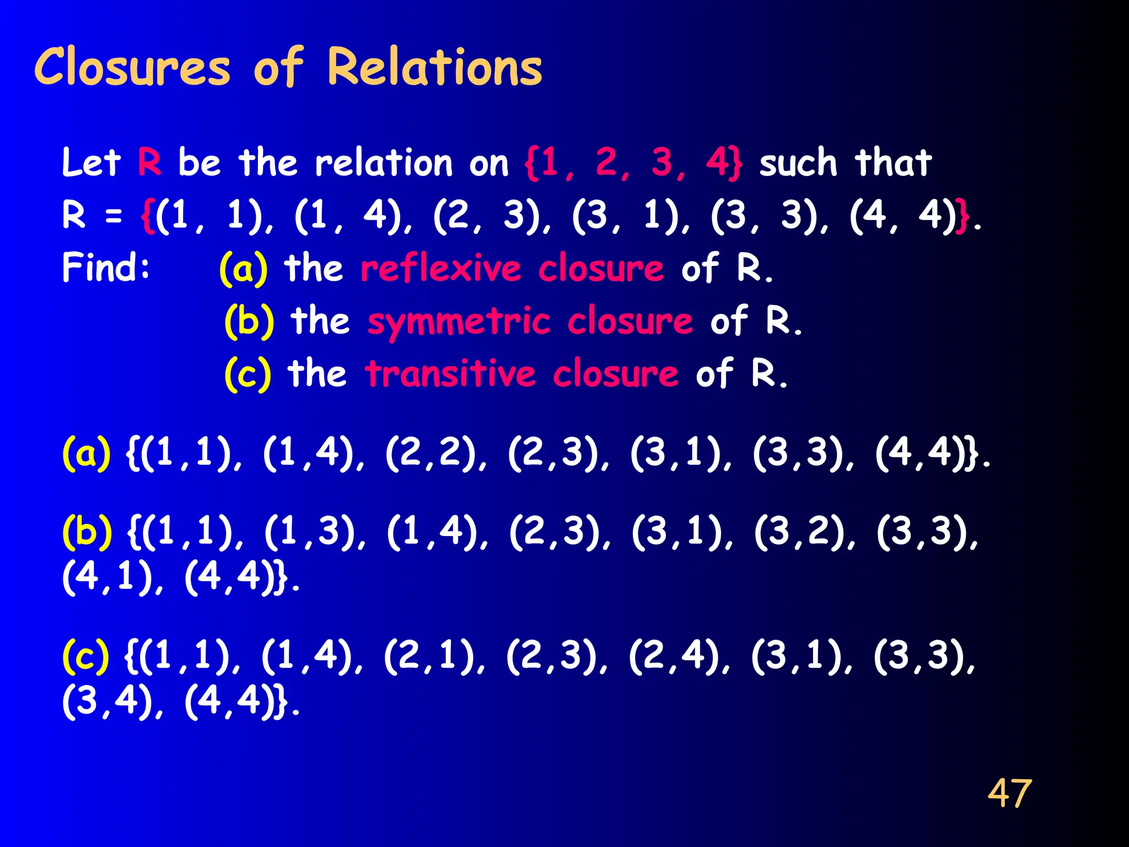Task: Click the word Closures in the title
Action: (132, 67)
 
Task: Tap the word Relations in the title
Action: (434, 67)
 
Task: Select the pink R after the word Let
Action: (149, 163)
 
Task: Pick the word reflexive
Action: (440, 269)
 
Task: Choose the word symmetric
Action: (459, 322)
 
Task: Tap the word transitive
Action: (450, 374)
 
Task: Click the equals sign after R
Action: (114, 216)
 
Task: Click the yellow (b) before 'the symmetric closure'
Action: (249, 321)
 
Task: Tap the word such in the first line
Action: (798, 163)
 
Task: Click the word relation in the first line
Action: (384, 163)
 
